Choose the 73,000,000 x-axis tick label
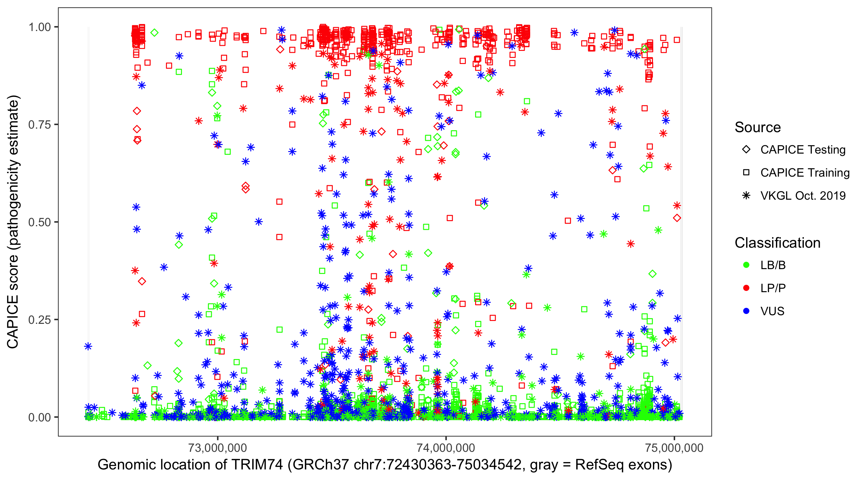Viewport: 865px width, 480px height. click(x=218, y=448)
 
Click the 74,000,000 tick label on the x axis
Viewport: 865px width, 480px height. click(x=446, y=448)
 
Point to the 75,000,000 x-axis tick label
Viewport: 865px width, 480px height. click(x=674, y=448)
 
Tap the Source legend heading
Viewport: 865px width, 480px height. click(x=758, y=127)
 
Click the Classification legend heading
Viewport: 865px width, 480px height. click(x=777, y=243)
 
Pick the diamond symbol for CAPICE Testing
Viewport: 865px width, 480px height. click(x=746, y=150)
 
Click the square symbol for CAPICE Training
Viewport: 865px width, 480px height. click(x=746, y=173)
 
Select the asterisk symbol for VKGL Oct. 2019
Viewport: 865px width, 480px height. click(x=746, y=196)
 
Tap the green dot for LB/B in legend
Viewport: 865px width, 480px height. click(x=746, y=265)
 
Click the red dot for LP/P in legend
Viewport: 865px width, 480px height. click(x=746, y=288)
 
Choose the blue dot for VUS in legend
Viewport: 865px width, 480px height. click(x=746, y=311)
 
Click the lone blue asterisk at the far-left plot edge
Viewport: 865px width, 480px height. click(x=88, y=346)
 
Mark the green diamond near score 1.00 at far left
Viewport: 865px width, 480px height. click(x=154, y=33)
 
